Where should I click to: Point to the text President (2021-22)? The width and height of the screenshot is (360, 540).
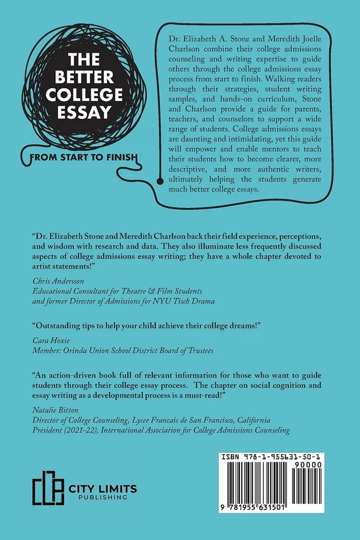pyautogui.click(x=65, y=430)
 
